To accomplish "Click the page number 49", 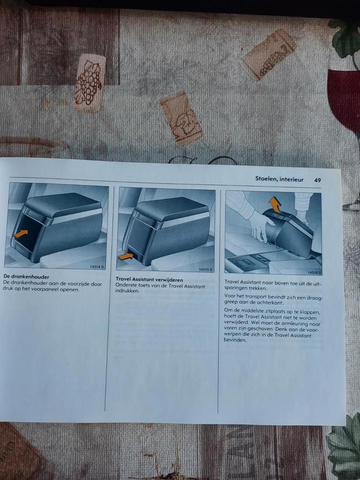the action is click(317, 180).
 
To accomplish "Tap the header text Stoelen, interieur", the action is click(279, 179).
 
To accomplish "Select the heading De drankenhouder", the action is click(26, 277).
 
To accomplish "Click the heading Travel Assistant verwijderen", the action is click(149, 280).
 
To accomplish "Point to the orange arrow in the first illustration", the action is click(20, 234).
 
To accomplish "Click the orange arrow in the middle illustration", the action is click(125, 256).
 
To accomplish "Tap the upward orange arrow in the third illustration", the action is click(275, 204).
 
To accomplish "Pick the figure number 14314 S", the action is click(97, 267).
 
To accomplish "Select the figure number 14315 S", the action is click(206, 269).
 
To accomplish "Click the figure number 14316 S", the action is click(314, 272).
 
